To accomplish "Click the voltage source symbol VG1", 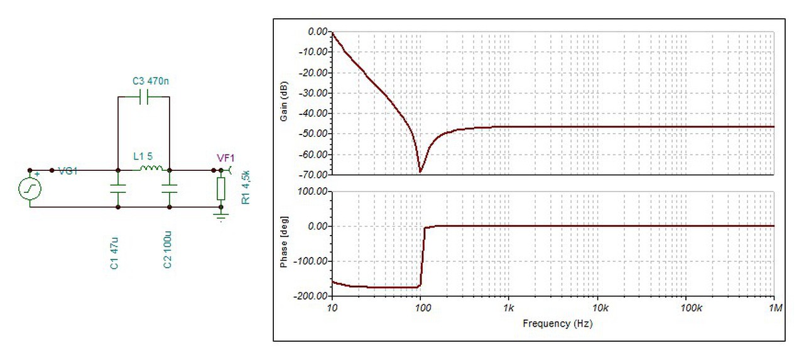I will click(30, 188).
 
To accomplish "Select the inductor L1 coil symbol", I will click(151, 168).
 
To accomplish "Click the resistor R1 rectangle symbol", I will click(220, 188).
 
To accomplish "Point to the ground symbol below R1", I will click(220, 217).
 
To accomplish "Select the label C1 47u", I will click(114, 253).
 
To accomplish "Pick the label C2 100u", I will click(168, 251).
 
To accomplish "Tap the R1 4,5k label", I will click(246, 185).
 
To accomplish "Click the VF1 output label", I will click(225, 160).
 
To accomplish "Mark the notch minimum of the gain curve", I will click(420, 172).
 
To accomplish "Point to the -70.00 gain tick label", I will click(314, 175).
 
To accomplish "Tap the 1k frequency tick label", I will click(509, 308).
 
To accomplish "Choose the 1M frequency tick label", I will click(775, 308).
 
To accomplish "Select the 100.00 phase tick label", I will click(314, 190).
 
